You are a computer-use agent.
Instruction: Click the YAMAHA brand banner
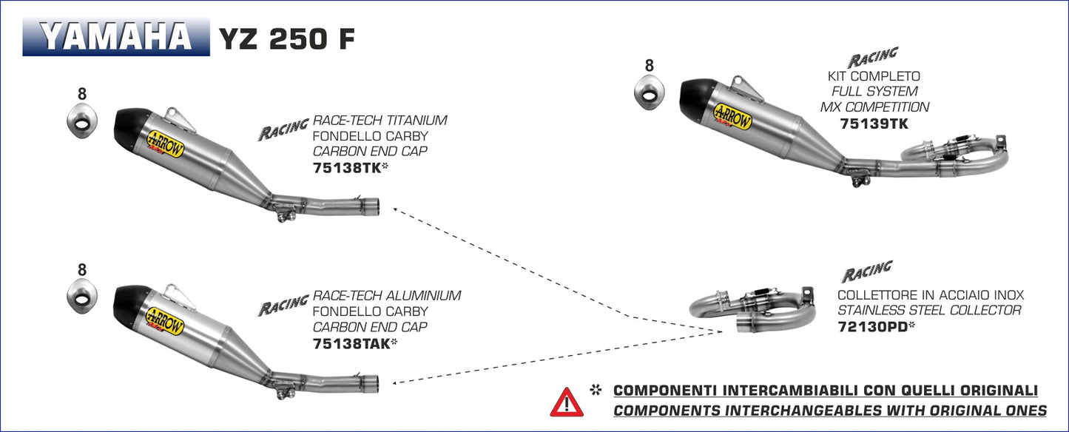116,37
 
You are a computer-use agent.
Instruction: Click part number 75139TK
874,124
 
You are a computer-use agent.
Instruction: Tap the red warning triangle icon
567,402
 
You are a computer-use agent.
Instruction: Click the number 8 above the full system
649,66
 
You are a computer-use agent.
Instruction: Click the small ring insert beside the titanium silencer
81,120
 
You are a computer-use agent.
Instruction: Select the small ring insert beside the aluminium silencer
81,296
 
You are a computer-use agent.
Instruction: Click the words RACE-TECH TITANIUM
380,121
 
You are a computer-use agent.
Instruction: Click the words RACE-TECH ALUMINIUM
387,296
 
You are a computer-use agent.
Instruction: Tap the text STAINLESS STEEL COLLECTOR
928,311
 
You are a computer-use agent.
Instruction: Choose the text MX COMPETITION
874,107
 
